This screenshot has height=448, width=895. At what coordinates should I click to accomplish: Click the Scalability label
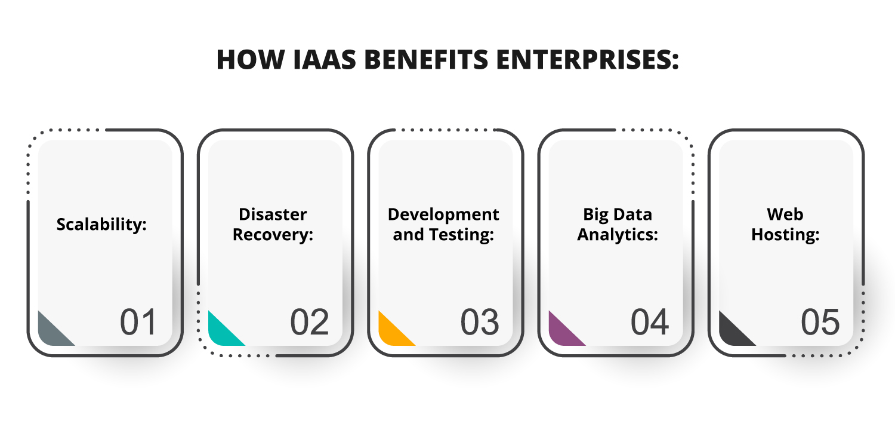pyautogui.click(x=101, y=225)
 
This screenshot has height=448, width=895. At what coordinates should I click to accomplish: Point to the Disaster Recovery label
pyautogui.click(x=273, y=225)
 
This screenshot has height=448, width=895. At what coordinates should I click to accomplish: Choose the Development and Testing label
pyautogui.click(x=443, y=225)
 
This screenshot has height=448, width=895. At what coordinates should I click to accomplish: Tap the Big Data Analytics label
pyautogui.click(x=618, y=225)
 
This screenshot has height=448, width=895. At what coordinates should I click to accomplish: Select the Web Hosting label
pyautogui.click(x=785, y=225)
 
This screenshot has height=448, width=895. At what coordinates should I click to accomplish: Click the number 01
pyautogui.click(x=138, y=323)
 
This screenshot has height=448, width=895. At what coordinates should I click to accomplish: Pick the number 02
pyautogui.click(x=309, y=323)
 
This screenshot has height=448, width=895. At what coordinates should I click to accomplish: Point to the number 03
pyautogui.click(x=479, y=323)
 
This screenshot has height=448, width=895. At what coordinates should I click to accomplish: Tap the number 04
pyautogui.click(x=650, y=323)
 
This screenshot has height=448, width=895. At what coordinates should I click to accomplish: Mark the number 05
pyautogui.click(x=820, y=323)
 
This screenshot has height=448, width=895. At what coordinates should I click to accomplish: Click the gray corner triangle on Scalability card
pyautogui.click(x=50, y=333)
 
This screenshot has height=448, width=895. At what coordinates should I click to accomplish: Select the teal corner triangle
pyautogui.click(x=220, y=333)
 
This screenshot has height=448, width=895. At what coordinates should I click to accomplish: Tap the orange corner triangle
pyautogui.click(x=391, y=333)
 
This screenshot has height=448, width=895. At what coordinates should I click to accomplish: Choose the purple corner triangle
pyautogui.click(x=561, y=333)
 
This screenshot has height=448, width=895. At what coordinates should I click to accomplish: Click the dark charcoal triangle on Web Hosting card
pyautogui.click(x=731, y=333)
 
